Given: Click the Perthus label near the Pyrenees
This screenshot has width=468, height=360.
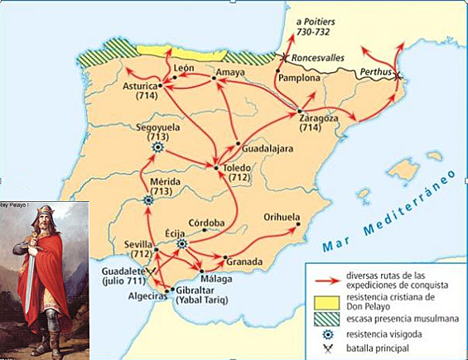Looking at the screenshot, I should pyautogui.click(x=374, y=72).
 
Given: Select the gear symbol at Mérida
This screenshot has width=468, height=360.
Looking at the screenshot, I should pyautogui.click(x=147, y=199).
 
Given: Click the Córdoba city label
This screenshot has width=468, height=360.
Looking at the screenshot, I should pyautogui.click(x=206, y=223).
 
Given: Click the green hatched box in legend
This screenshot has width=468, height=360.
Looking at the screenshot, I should pyautogui.click(x=320, y=319).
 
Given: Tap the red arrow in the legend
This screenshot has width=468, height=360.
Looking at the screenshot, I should pyautogui.click(x=321, y=273).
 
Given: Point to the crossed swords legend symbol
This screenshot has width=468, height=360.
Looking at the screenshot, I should pyautogui.click(x=320, y=351).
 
